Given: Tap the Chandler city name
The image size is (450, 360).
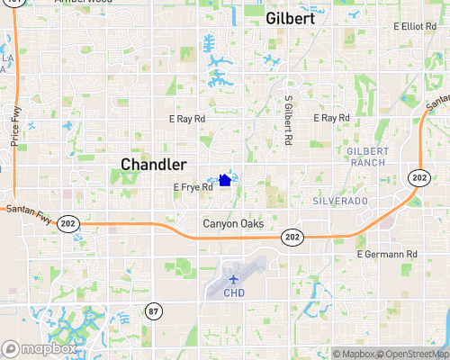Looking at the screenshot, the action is point(154,165).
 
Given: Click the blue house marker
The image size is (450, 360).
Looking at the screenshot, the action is point(225,180).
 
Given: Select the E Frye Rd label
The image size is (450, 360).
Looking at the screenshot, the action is point(193,187).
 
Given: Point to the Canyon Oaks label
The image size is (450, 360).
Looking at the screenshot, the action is point(232,223).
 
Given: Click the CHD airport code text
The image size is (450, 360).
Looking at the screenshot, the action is point(234,292).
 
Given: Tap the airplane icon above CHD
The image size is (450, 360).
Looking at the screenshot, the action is point(234,278).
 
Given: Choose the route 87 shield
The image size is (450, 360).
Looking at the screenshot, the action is point(154,310).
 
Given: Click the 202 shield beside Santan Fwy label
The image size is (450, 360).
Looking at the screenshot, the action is point(67,222).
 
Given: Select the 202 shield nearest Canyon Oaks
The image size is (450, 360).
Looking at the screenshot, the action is point(290,236).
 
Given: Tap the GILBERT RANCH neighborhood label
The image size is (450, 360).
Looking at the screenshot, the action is point(365,156).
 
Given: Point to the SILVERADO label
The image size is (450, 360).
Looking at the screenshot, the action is point(340,202).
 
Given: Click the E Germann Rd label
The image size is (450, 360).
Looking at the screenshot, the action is point(387,255).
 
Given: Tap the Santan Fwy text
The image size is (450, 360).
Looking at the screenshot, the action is point(23,211).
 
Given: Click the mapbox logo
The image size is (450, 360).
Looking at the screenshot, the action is point(39,348).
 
